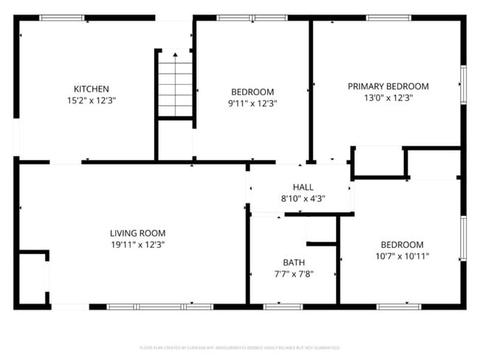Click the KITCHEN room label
pyautogui.click(x=92, y=89)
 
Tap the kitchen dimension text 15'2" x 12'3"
pyautogui.click(x=92, y=100)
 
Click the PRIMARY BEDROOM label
pyautogui.click(x=388, y=86)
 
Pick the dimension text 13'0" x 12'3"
pyautogui.click(x=388, y=97)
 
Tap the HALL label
pyautogui.click(x=303, y=187)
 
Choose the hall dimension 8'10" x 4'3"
pyautogui.click(x=303, y=198)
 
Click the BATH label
pyautogui.click(x=293, y=262)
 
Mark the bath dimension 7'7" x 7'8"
pyautogui.click(x=293, y=274)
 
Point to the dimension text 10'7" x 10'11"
pyautogui.click(x=402, y=257)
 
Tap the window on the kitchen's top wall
pyautogui.click(x=62, y=18)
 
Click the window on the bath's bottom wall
pyautogui.click(x=283, y=306)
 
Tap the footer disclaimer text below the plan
pyautogui.click(x=239, y=347)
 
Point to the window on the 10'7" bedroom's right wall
pyautogui.click(x=463, y=238)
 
